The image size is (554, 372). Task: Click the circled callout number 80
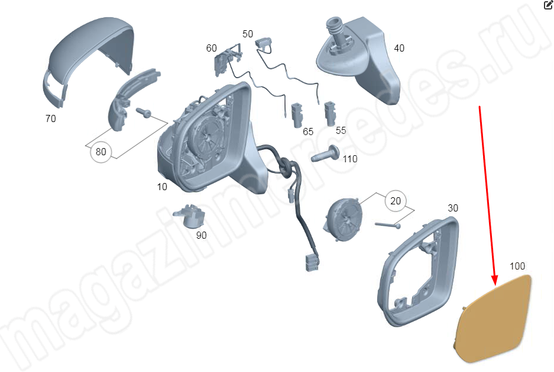coord(101,152)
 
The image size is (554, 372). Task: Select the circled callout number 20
coord(396,201)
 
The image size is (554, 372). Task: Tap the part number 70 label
coord(50,118)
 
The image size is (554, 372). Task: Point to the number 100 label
coord(517,266)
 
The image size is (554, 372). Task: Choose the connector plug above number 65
coord(297,116)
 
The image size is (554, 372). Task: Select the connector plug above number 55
coord(331,113)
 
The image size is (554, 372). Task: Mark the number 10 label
coord(162,187)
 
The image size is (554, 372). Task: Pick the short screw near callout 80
coord(144,113)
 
